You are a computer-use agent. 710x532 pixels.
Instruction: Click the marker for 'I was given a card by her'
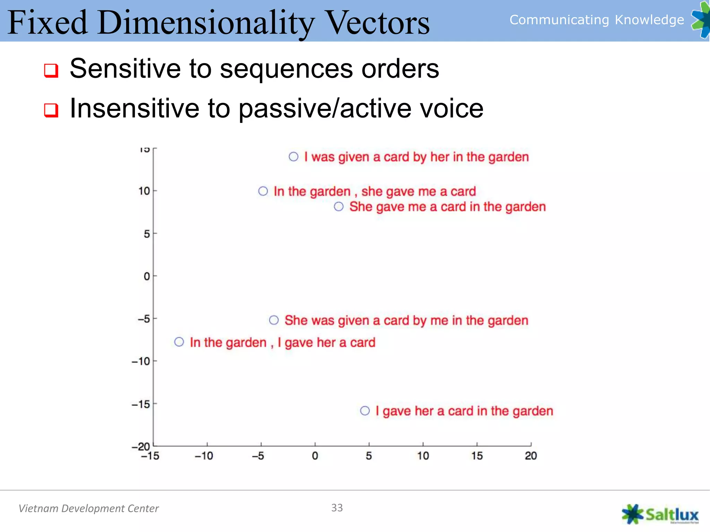coord(293,157)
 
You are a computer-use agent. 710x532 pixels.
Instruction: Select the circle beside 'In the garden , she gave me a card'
coord(263,191)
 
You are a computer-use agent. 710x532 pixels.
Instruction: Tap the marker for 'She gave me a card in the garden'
coord(339,207)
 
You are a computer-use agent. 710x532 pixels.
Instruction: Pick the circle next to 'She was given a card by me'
coord(274,320)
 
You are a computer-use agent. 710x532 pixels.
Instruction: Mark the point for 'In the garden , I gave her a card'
coord(179,342)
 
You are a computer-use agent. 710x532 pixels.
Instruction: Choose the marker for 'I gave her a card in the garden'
coord(365,411)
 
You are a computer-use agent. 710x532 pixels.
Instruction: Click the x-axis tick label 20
coord(530,456)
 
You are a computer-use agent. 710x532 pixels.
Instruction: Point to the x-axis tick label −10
coord(204,456)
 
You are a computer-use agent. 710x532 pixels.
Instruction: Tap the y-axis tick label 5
coord(147,234)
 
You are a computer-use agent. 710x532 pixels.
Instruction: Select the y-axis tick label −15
coord(141,405)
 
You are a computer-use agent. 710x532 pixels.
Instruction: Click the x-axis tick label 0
coord(315,456)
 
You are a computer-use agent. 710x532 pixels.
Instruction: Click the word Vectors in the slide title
coord(378,23)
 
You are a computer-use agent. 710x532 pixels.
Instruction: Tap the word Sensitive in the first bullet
coord(125,69)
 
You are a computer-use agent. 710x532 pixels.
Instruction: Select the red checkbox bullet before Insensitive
coord(51,110)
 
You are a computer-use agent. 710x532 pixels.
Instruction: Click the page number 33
coord(337,508)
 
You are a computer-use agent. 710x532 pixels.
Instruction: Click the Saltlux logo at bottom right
coord(660,514)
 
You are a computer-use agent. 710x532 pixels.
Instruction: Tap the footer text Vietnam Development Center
coord(88,508)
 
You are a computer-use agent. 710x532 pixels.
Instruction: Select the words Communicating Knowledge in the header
coord(596,20)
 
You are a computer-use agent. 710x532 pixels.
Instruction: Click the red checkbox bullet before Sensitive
coord(51,70)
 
